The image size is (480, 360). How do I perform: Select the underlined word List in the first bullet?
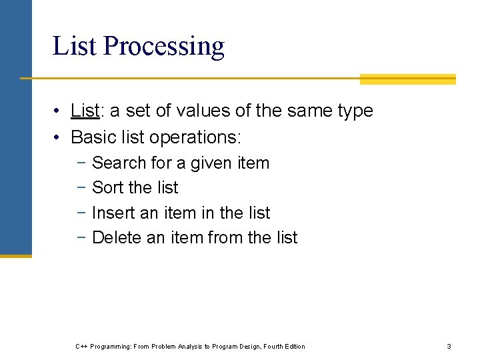(x=84, y=111)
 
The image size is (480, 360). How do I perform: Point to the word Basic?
(x=91, y=137)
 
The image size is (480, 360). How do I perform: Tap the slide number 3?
(x=449, y=346)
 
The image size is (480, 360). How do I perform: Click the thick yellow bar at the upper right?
(x=407, y=79)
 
